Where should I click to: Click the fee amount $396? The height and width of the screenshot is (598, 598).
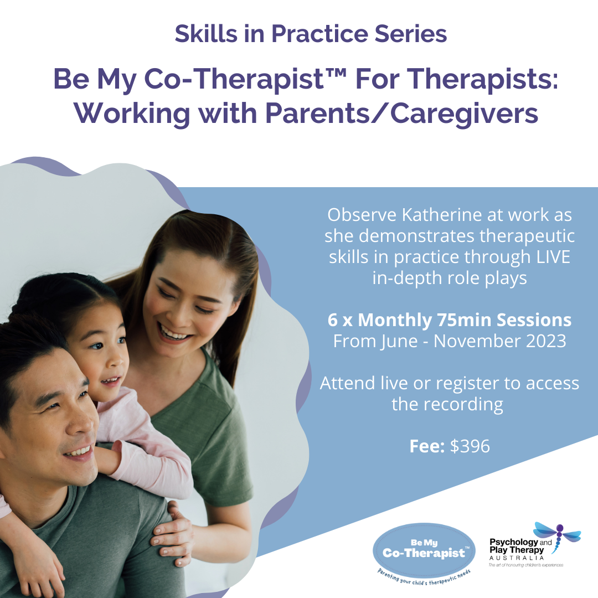[470, 446]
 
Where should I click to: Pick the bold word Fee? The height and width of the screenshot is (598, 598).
[427, 446]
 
